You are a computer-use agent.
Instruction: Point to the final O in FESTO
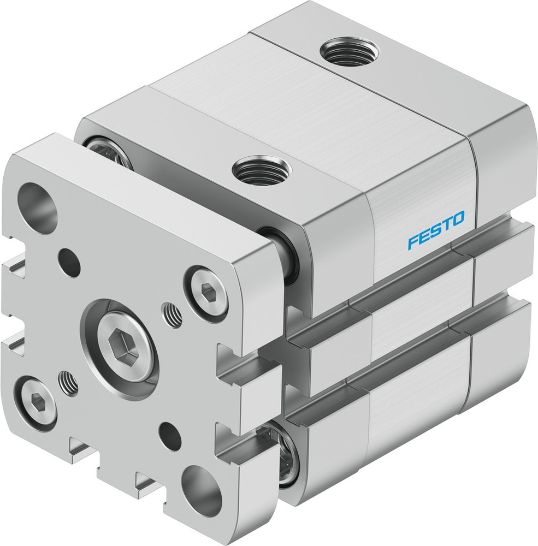pyautogui.click(x=457, y=219)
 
